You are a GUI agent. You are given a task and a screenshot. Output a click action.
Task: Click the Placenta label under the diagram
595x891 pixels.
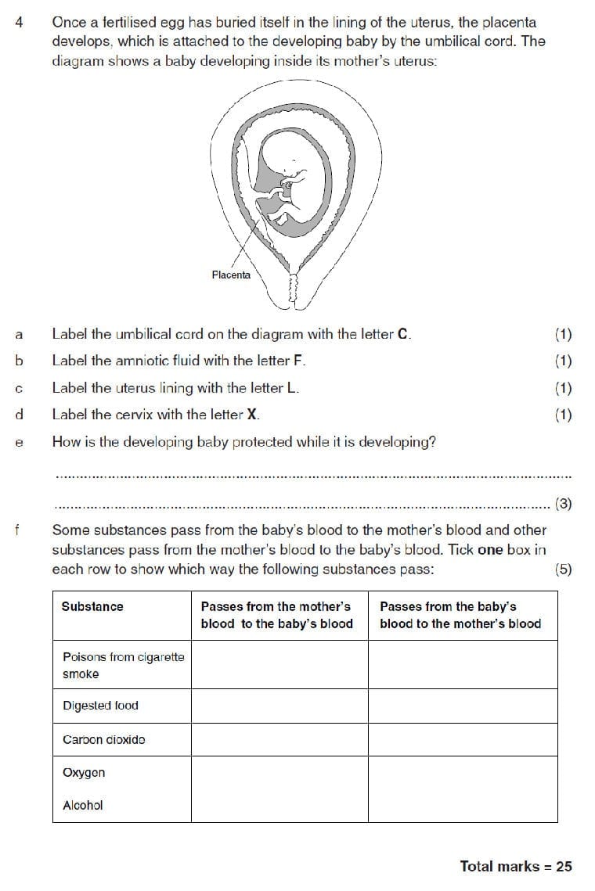[x=231, y=275]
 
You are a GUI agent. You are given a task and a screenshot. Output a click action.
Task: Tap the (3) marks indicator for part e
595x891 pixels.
[x=563, y=504]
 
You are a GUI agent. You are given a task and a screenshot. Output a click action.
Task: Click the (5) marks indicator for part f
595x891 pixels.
[x=563, y=569]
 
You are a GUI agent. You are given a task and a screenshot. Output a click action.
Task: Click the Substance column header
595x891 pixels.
[x=92, y=606]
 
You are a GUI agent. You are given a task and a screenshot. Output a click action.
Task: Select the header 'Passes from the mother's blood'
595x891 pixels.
[x=276, y=615]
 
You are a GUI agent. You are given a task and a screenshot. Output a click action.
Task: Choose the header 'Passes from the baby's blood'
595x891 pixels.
[x=460, y=615]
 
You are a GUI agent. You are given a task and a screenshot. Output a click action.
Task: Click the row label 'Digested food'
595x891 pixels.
[x=100, y=706]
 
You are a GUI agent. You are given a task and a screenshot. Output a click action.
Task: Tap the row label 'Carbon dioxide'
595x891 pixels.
[x=103, y=739]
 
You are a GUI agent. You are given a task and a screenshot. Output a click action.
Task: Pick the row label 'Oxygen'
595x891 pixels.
[x=84, y=773]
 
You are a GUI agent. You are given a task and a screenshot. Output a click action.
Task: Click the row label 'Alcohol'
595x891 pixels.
[x=82, y=805]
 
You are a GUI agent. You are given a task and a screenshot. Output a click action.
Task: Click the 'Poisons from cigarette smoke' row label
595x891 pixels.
[x=123, y=665]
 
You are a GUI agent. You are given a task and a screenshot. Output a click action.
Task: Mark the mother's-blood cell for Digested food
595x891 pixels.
[x=279, y=706]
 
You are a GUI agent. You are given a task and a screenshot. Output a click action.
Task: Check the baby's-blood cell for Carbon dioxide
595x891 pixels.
[x=463, y=739]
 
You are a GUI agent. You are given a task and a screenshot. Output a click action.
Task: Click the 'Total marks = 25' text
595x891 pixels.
[x=516, y=866]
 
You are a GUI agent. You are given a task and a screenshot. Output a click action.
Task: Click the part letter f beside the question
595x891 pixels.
[x=18, y=530]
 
